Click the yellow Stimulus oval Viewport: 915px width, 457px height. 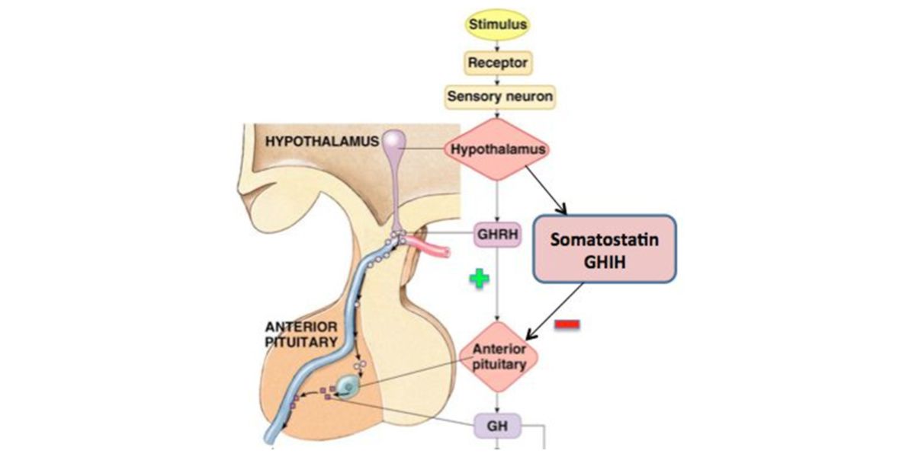point(497,24)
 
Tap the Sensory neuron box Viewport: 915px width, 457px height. point(499,97)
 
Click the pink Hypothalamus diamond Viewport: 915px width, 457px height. point(498,149)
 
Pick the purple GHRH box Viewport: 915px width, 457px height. point(498,235)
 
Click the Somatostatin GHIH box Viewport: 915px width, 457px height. point(604,249)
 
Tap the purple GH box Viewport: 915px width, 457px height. point(497,424)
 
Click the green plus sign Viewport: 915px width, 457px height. point(478,280)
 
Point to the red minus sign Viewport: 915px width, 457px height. point(567,325)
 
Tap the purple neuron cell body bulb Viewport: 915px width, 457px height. point(395,140)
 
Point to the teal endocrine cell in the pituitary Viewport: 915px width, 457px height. point(348,388)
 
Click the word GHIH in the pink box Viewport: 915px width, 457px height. point(604,262)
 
